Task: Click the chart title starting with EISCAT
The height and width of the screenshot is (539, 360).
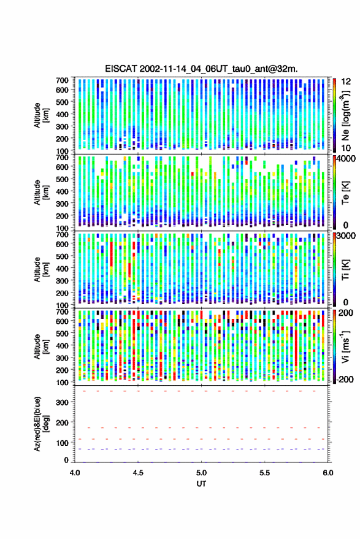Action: pos(201,69)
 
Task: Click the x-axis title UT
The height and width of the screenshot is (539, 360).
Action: pos(201,484)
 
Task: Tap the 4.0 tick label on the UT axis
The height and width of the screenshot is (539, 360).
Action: pos(75,473)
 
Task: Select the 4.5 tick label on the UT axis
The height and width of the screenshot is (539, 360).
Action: pos(138,473)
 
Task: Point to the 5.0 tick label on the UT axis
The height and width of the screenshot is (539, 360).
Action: pos(202,473)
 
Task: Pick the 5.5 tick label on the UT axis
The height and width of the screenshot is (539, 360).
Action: pos(265,473)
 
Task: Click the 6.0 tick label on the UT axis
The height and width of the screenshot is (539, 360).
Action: pos(328,473)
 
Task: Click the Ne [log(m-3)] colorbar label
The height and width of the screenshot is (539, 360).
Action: pos(345,115)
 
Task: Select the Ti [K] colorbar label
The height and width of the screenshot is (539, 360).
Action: pos(345,270)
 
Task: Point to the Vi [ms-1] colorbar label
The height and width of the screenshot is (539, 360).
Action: pos(345,346)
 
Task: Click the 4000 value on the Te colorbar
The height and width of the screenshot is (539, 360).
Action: pos(347,158)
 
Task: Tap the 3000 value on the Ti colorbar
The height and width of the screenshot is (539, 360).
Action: pos(347,235)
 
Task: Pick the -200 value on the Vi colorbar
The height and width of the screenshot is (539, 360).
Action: pos(345,379)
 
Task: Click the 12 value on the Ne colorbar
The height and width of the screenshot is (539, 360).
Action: pos(346,81)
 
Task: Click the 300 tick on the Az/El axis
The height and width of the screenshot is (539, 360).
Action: pos(62,402)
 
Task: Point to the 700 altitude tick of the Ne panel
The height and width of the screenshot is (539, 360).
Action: pos(62,80)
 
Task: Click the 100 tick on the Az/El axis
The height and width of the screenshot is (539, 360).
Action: pos(62,443)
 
